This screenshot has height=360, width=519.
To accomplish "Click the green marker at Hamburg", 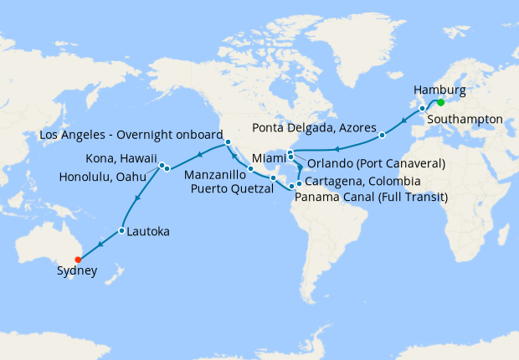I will (440, 103).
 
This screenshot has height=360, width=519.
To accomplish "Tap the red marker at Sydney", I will (78, 259).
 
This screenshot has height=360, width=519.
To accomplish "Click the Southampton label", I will (465, 119).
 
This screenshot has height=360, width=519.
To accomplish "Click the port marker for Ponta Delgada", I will (382, 135).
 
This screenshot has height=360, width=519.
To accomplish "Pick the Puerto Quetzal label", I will (229, 189).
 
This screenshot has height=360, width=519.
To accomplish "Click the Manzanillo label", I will (214, 175).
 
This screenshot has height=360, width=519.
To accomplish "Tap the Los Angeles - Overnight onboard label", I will (131, 134).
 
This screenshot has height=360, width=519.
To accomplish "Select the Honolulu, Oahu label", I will (106, 176).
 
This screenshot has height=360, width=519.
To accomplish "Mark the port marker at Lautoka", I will (122, 230).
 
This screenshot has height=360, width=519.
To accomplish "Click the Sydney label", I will (77, 271).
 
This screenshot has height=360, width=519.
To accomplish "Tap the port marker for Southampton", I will (422, 107).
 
